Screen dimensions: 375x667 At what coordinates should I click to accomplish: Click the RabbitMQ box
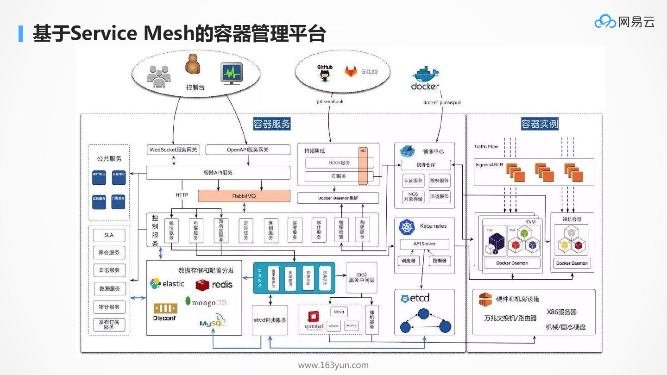coord(244,196)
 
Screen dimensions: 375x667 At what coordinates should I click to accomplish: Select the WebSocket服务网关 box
coord(173,150)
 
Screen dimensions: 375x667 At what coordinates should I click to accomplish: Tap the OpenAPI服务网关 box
coord(248,150)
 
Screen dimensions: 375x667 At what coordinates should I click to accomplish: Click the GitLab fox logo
coord(351,71)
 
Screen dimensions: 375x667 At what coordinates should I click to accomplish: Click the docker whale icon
coord(425,75)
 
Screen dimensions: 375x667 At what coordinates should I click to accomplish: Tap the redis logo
coord(214,284)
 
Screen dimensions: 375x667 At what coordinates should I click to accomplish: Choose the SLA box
coord(109,235)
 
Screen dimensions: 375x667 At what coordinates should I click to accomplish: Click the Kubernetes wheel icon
coord(407,227)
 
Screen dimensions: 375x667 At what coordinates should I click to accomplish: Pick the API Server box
coord(418,244)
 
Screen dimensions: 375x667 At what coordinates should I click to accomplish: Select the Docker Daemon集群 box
coord(338,198)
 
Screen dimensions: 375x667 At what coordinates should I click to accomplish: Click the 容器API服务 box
coord(218,173)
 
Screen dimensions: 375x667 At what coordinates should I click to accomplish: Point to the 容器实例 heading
coord(540,124)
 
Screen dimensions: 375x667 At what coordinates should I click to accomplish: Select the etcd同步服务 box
coord(270,320)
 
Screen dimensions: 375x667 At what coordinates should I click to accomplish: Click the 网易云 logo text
coord(636,22)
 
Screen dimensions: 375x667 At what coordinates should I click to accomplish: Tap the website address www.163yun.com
coord(333,365)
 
